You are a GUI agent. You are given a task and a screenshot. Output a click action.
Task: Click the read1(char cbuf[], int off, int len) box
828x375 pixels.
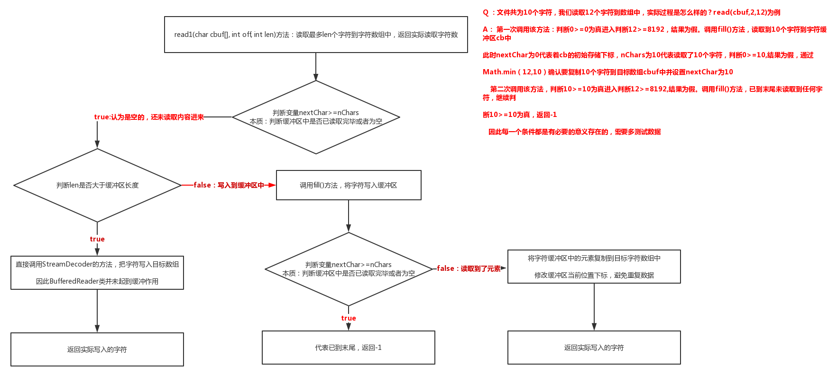pyautogui.click(x=316, y=35)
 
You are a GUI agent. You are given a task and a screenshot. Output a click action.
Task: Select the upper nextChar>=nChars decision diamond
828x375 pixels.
pyautogui.click(x=316, y=117)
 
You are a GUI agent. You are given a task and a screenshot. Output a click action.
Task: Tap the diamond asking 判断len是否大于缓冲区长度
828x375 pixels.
pyautogui.click(x=97, y=185)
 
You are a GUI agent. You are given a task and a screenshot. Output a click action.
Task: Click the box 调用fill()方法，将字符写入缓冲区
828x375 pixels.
pyautogui.click(x=349, y=185)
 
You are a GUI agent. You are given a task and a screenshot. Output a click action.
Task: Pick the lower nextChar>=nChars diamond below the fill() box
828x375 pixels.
pyautogui.click(x=349, y=269)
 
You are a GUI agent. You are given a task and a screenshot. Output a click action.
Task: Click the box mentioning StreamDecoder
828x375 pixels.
pyautogui.click(x=97, y=272)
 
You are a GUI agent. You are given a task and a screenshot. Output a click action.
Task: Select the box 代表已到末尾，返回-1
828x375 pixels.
pyautogui.click(x=349, y=348)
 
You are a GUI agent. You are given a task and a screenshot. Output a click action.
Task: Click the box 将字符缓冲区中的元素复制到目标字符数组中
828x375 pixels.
pyautogui.click(x=594, y=267)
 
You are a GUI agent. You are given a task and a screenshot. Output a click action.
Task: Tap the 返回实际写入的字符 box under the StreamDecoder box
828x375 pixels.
pyautogui.click(x=97, y=349)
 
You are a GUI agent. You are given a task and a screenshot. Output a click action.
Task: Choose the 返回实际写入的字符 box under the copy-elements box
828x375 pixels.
pyautogui.click(x=594, y=348)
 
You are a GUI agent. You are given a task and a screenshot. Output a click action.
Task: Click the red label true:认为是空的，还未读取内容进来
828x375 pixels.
pyautogui.click(x=149, y=117)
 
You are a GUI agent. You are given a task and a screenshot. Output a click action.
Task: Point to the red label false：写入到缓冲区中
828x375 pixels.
pyautogui.click(x=229, y=185)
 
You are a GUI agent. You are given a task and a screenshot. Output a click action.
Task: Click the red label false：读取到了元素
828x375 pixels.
pyautogui.click(x=469, y=268)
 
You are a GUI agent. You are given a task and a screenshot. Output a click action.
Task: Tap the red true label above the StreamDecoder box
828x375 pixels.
pyautogui.click(x=97, y=239)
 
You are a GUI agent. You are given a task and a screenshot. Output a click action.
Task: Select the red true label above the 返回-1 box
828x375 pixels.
pyautogui.click(x=349, y=318)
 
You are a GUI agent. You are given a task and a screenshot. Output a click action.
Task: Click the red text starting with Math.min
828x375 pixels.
pyautogui.click(x=607, y=72)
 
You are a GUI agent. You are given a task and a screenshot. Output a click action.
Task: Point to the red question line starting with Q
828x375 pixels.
pyautogui.click(x=631, y=12)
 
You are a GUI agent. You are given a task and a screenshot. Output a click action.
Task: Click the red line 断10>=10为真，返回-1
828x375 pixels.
pyautogui.click(x=520, y=115)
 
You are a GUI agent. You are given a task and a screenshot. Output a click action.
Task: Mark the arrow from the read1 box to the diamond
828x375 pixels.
pyautogui.click(x=316, y=66)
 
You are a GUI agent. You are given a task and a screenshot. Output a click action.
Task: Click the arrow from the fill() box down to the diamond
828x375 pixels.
pyautogui.click(x=349, y=216)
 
